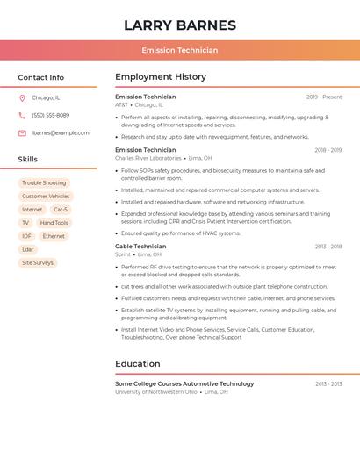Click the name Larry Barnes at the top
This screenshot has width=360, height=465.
coord(180,25)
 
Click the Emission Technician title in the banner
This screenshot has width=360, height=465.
coord(180,50)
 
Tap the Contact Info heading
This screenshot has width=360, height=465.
coord(41,77)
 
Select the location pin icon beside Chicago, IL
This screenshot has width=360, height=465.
coord(22,98)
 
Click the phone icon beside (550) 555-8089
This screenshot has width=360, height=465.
coord(22,116)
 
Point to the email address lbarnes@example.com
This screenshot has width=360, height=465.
coord(61,133)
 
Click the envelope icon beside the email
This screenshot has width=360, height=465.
coord(22,133)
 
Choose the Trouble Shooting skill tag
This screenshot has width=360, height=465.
coord(44,183)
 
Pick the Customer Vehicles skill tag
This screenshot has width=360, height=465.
coord(46,197)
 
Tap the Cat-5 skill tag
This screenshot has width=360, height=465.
coord(60,210)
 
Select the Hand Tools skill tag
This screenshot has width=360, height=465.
coord(54,223)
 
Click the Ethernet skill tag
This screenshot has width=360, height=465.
coord(54,236)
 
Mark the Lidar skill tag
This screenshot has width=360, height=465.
coord(28,249)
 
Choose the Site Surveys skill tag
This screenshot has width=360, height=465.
coord(38,262)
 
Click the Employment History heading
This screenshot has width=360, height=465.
coord(161,77)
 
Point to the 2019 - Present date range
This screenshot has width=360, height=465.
coord(324,97)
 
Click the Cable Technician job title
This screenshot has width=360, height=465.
coord(140,247)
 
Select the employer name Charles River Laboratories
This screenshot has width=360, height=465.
coord(148,158)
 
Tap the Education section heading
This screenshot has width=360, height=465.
coord(138,364)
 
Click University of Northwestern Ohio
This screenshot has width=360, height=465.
coord(156,392)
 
